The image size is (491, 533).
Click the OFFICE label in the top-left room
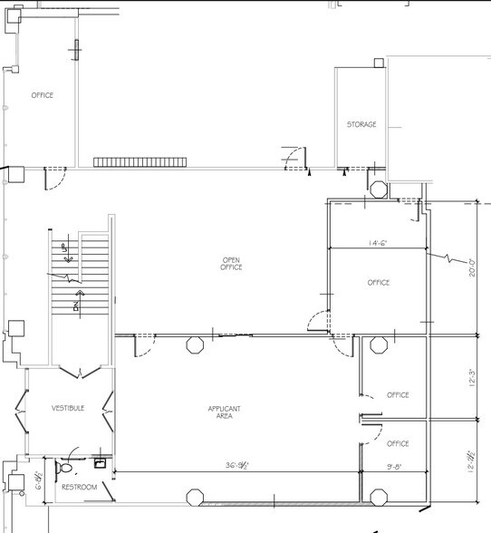coord(43,95)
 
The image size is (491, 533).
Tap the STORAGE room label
coord(361,125)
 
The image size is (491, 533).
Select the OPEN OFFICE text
coord(232,264)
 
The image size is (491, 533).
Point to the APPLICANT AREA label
coord(224,412)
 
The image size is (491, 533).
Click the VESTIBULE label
coord(68,409)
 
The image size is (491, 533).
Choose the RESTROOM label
coord(79,487)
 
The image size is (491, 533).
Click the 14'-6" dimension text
coord(379,243)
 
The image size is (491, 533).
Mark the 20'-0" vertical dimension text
coord(472,268)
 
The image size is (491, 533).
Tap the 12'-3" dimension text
coord(471,377)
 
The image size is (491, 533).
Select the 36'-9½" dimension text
coord(239,466)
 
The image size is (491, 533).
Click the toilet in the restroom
coord(64,468)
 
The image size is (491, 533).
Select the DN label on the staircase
coord(78,302)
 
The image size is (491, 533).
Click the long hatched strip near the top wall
coord(140,162)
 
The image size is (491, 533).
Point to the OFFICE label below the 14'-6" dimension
coord(379,283)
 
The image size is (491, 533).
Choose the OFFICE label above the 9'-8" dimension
coord(398,444)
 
